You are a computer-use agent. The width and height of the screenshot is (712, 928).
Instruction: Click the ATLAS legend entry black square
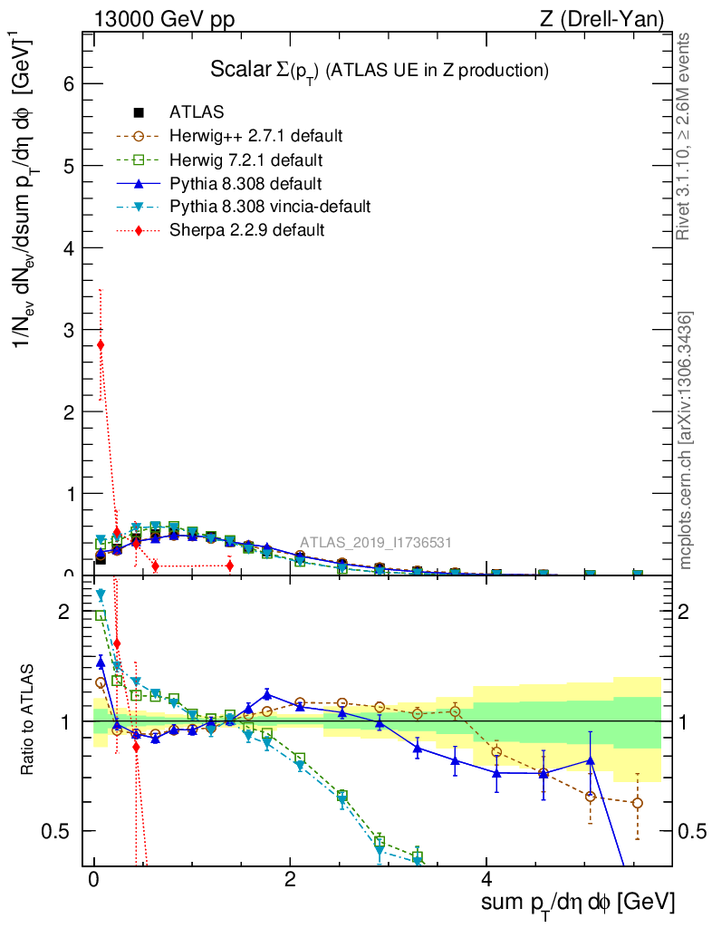tap(139, 113)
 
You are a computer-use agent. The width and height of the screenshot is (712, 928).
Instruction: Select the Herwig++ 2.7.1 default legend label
tap(255, 137)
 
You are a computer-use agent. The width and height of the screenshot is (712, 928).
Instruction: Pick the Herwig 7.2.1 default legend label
tap(246, 160)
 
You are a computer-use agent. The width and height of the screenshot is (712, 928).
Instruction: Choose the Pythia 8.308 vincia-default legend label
tap(270, 207)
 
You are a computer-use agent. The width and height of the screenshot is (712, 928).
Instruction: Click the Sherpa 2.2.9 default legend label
tap(246, 230)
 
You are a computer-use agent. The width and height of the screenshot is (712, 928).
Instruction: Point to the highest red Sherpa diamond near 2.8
tap(101, 344)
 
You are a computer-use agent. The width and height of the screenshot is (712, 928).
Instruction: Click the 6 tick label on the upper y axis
tap(67, 83)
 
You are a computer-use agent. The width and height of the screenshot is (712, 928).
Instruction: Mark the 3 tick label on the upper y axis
tap(67, 330)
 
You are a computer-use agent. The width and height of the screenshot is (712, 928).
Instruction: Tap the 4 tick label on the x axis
tap(486, 880)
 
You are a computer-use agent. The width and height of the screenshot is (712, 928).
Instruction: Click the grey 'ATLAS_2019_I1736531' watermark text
tap(376, 543)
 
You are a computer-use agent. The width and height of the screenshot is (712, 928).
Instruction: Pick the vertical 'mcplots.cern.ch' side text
tap(686, 442)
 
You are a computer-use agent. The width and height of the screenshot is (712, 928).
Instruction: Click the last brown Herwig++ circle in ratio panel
tap(638, 803)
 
